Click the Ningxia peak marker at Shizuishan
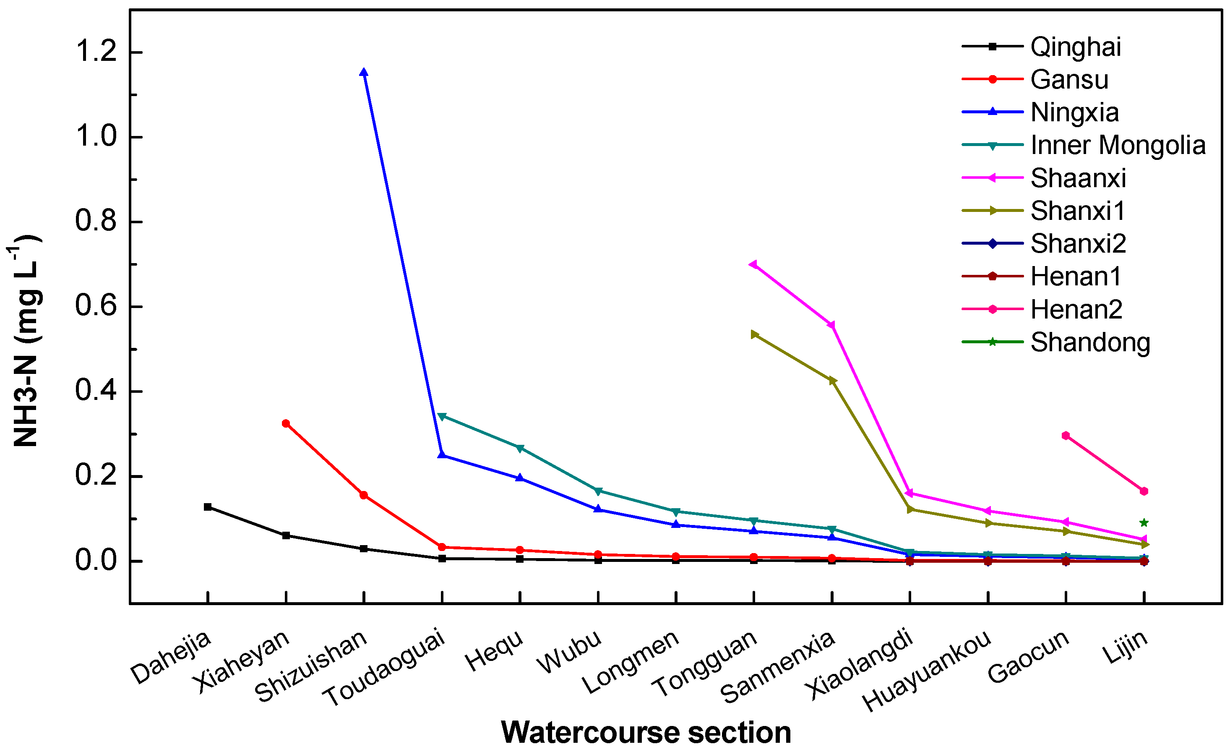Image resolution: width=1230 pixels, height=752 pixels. coord(364,73)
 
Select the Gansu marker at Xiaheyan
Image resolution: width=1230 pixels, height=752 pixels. coord(286,423)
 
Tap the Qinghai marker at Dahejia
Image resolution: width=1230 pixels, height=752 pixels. coord(208,507)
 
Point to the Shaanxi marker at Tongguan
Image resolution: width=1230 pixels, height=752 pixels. coord(753,264)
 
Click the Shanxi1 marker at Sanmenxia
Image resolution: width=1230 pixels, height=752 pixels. coord(832,381)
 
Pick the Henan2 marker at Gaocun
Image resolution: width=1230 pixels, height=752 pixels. coord(1066,436)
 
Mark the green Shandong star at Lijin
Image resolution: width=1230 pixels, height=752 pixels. coord(1144,523)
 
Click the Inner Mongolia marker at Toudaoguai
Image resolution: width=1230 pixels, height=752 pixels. coord(442,416)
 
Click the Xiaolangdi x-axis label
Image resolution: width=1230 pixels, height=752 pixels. coord(860,664)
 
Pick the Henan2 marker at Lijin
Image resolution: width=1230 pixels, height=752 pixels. coord(1144,491)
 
